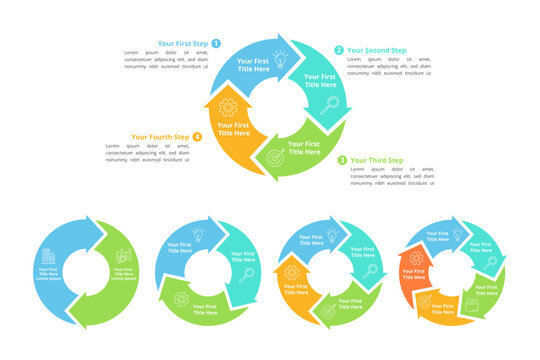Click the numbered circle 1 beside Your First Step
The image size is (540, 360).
[x=215, y=44]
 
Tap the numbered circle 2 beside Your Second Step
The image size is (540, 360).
[x=339, y=50]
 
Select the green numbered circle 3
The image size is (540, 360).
[x=342, y=160]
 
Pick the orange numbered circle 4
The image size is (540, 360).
[x=197, y=137]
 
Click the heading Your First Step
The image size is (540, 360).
[x=182, y=44]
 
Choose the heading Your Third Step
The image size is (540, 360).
[x=377, y=160]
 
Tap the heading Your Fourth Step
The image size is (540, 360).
[x=159, y=137]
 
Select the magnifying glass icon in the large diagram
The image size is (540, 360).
[x=327, y=103]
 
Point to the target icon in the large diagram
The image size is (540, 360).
[x=272, y=157]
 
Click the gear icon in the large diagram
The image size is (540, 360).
[x=226, y=107]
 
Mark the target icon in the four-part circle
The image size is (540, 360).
[x=327, y=312]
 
